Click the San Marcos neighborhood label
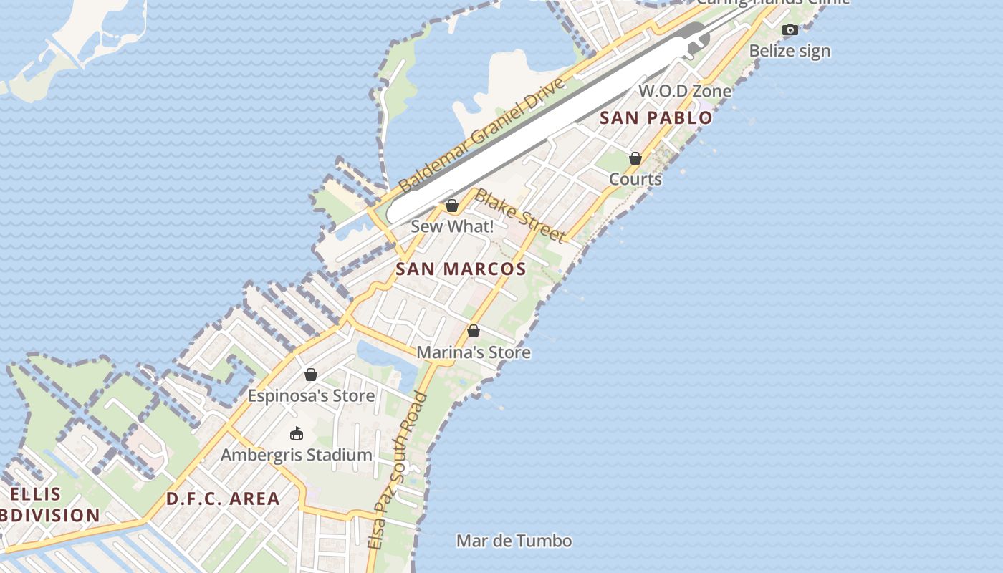pos(461,269)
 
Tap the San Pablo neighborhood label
pos(656,118)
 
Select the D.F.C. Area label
pos(223,499)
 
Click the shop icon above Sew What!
pos(452,206)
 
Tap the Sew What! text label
pos(452,227)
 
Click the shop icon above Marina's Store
pos(473,331)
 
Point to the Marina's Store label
pos(473,352)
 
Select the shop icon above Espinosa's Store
pos(311,375)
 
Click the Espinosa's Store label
pos(311,396)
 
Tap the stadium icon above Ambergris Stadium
pos(296,433)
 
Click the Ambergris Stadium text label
pos(296,455)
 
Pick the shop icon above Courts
pos(635,158)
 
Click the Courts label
pos(635,179)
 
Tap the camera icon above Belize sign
pos(790,30)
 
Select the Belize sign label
pos(790,51)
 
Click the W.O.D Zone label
pos(685,91)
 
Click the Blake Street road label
pos(521,215)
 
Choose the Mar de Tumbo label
pos(514,541)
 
